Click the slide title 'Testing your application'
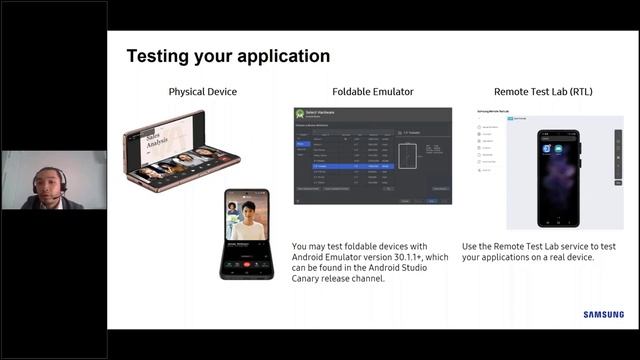click(x=228, y=56)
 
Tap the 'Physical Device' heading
click(x=203, y=92)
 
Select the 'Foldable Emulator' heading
click(x=372, y=92)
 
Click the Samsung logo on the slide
click(x=604, y=315)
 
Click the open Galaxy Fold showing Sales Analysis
click(x=180, y=150)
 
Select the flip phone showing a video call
click(x=246, y=232)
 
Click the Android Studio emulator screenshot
click(x=372, y=155)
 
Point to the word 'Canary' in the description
click(x=314, y=279)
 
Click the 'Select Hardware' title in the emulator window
click(x=326, y=111)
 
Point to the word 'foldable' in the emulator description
click(x=373, y=246)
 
